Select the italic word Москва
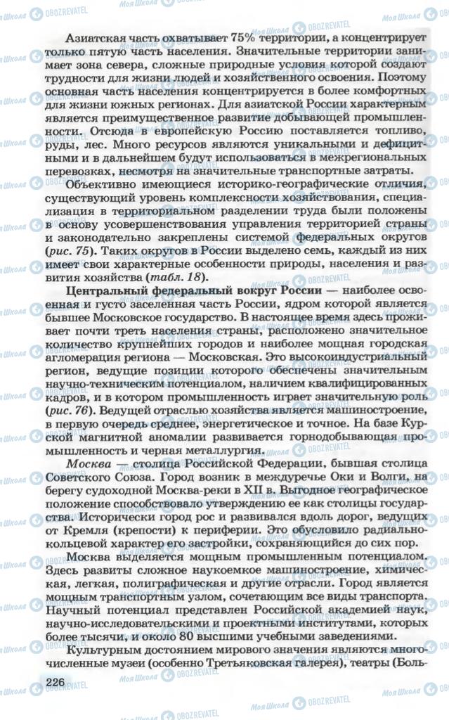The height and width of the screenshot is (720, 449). (83, 465)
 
